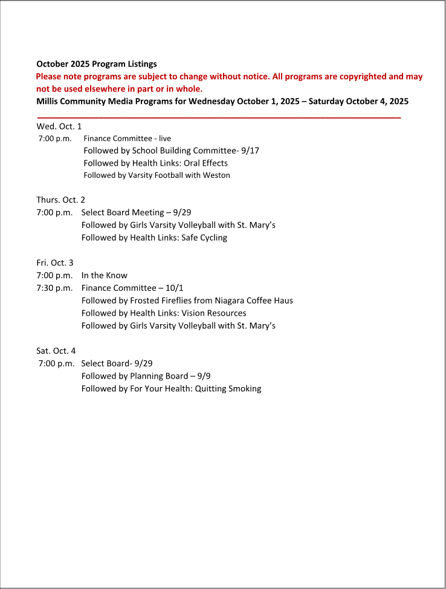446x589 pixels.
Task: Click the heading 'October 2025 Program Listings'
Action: (97, 63)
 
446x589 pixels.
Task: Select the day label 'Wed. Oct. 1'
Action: (59, 126)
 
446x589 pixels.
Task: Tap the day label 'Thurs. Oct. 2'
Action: (60, 200)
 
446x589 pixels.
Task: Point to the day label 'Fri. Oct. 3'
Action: (54, 262)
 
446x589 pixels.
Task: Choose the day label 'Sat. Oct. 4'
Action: (56, 351)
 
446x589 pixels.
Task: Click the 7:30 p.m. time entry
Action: (54, 288)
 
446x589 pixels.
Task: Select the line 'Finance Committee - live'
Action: (127, 138)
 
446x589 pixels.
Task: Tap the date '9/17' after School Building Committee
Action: (250, 151)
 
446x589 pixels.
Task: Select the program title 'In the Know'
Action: (105, 275)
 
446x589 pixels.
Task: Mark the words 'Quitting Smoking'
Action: (228, 389)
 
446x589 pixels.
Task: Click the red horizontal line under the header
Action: (219, 117)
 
